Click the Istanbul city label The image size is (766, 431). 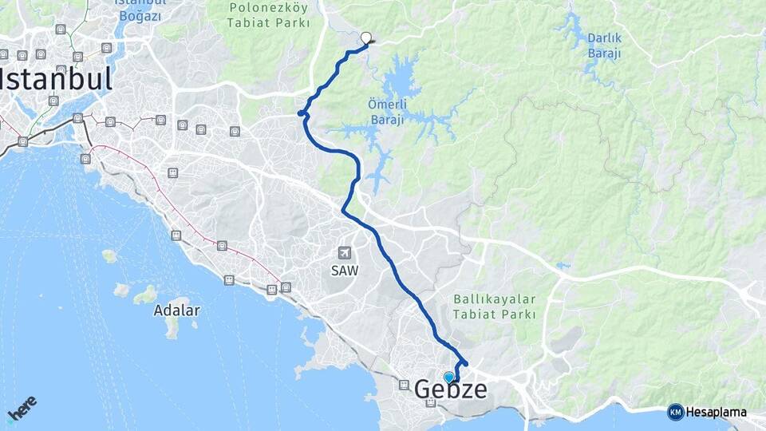(x=56, y=79)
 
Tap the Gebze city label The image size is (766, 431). (x=450, y=389)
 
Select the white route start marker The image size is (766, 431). (x=366, y=37)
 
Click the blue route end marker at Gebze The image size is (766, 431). (x=449, y=377)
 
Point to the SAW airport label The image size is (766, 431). (x=345, y=270)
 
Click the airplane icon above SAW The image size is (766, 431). (x=344, y=251)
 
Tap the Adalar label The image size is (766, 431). (x=177, y=310)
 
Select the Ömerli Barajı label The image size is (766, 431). (x=389, y=112)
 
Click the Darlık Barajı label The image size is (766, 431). (x=604, y=45)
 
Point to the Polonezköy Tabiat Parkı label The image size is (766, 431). (x=269, y=16)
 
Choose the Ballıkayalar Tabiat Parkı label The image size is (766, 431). (x=494, y=306)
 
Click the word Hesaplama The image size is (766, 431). (x=717, y=413)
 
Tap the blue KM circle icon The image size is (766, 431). (x=675, y=413)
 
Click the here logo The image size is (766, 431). (x=22, y=409)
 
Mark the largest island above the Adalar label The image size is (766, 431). (x=144, y=295)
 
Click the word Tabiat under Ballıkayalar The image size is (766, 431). (x=472, y=314)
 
